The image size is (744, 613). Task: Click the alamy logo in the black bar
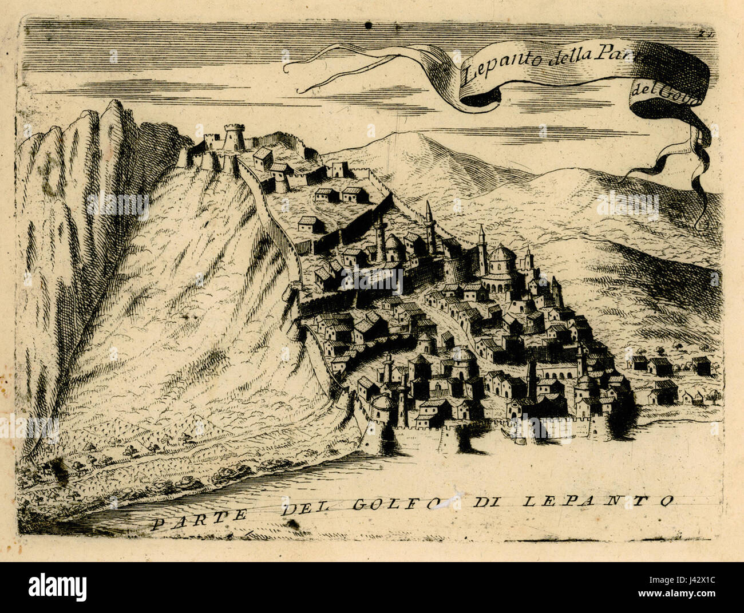pyautogui.click(x=58, y=587)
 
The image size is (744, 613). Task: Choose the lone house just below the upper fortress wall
pyautogui.click(x=307, y=224)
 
